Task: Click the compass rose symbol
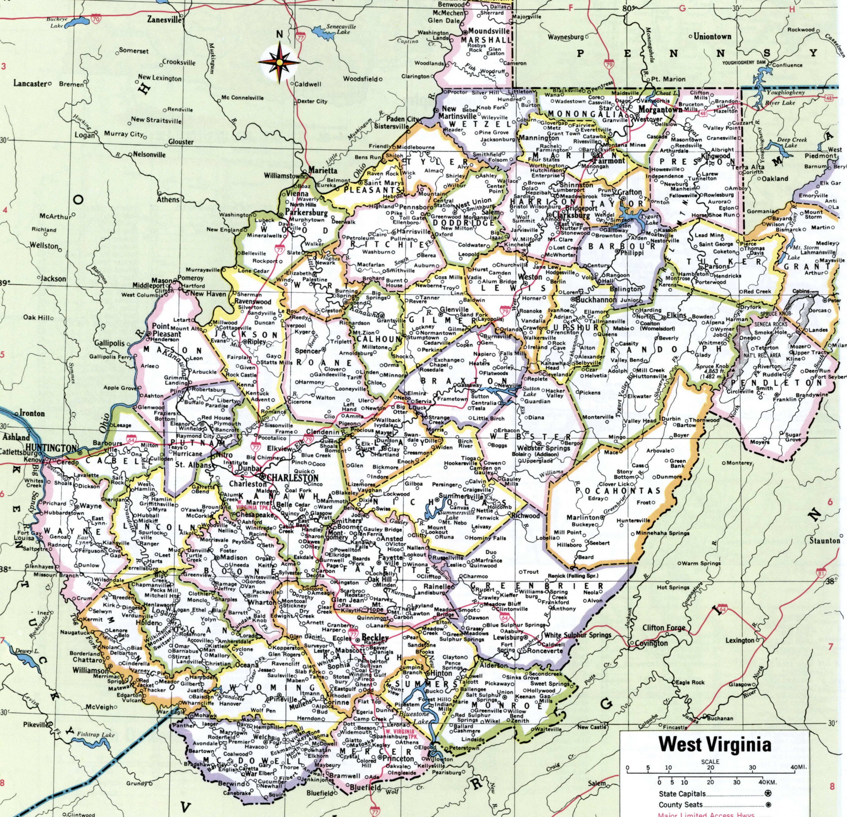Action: [x=280, y=62]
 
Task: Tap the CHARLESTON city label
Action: [x=293, y=478]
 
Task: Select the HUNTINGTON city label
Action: [x=51, y=448]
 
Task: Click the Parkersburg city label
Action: [x=306, y=213]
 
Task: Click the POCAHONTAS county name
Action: [x=618, y=490]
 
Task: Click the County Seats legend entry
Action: [x=681, y=804]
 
